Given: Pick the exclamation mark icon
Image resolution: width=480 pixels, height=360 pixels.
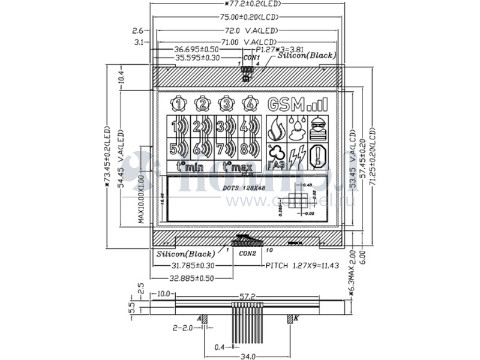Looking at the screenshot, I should [x=318, y=157].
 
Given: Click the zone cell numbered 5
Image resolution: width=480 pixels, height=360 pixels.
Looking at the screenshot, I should [x=178, y=148].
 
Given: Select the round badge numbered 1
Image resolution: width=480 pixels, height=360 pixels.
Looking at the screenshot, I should [x=179, y=104].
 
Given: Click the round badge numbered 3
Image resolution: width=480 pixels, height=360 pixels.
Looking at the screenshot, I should [x=226, y=104].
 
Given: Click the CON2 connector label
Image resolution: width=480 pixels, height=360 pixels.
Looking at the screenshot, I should [x=247, y=254].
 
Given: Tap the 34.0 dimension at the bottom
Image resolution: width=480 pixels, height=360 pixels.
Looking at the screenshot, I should [x=248, y=356].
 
